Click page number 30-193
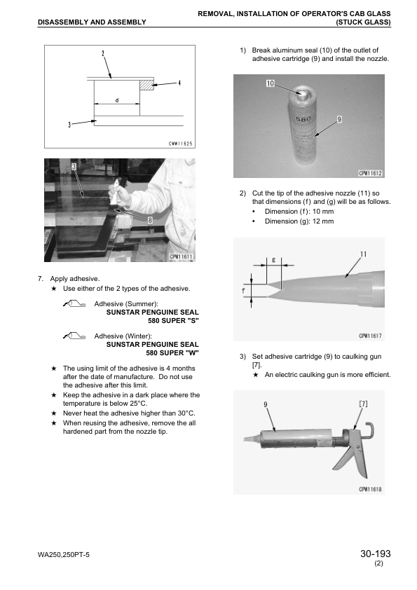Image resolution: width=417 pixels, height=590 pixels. [x=375, y=554]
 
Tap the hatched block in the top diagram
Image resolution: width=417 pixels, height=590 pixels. [x=146, y=85]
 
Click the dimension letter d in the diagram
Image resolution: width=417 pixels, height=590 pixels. [x=117, y=100]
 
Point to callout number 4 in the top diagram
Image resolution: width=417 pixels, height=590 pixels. [x=179, y=83]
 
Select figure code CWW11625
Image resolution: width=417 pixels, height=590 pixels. [x=180, y=144]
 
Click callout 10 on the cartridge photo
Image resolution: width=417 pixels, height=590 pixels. [x=271, y=83]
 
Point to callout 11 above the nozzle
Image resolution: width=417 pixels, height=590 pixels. [x=363, y=254]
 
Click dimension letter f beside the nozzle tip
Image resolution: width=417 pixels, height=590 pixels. [x=243, y=291]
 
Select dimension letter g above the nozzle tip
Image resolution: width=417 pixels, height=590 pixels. [x=273, y=260]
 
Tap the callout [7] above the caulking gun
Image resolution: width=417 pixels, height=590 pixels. [x=363, y=404]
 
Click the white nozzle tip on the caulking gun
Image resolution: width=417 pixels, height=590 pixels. [x=250, y=439]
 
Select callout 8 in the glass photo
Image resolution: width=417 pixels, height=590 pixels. [x=150, y=220]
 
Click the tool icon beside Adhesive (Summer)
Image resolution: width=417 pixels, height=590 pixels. [x=74, y=303]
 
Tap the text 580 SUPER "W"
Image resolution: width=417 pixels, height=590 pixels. [x=172, y=353]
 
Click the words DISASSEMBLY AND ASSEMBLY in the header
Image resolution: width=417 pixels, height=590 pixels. [x=92, y=22]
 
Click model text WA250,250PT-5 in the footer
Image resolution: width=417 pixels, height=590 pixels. [x=64, y=555]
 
